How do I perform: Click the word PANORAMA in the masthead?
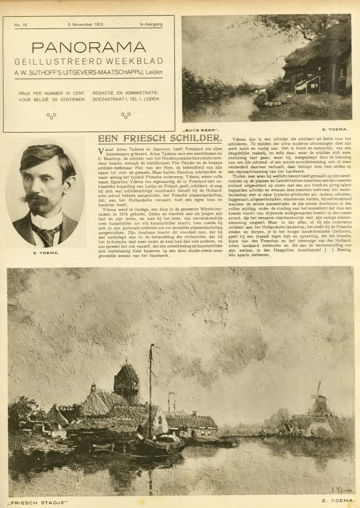[x=88, y=47]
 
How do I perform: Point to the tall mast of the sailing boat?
[x=150, y=386]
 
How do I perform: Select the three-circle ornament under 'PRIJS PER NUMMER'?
[x=51, y=115]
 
